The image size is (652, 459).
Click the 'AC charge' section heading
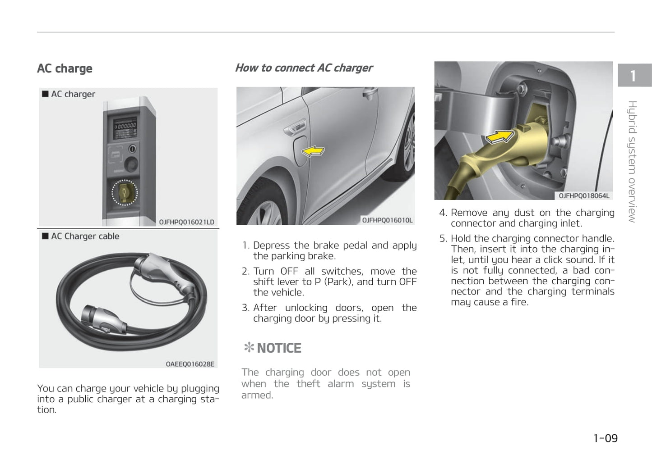(65, 68)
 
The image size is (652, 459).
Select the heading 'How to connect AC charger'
(304, 68)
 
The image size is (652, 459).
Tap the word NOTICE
(279, 348)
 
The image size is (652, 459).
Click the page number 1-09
(605, 438)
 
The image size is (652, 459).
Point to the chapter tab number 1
(633, 76)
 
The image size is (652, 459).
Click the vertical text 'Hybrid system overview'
(632, 162)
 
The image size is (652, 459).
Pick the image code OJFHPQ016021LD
(186, 222)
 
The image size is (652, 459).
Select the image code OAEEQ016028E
(190, 364)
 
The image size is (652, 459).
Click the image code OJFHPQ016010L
(387, 220)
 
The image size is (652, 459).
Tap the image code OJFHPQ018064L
(584, 195)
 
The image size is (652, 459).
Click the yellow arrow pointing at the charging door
(313, 151)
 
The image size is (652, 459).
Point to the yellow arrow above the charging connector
(499, 135)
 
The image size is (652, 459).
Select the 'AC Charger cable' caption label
(85, 236)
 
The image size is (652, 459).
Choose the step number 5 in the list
(443, 239)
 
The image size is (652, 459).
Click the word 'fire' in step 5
(519, 302)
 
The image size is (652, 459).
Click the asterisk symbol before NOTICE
(248, 348)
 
